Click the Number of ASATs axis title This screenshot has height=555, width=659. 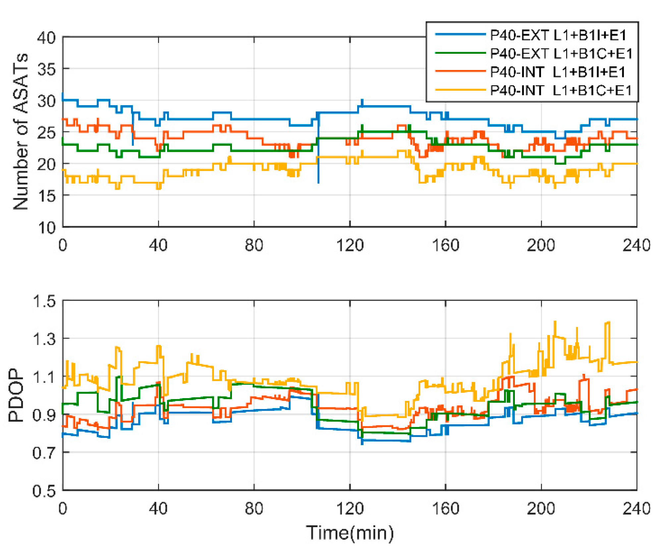21,131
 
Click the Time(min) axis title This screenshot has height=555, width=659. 350,533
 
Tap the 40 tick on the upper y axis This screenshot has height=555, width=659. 46,37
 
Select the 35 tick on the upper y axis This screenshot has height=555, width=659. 46,69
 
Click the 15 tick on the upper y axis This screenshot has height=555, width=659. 46,196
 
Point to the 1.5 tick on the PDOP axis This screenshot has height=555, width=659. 44,301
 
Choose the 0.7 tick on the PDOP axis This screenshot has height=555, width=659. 44,452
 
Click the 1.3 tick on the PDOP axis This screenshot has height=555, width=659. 44,339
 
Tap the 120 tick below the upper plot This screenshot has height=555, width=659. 350,245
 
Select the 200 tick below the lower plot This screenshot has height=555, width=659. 541,508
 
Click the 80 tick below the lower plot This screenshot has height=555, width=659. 254,508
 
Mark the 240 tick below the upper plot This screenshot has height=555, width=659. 636,245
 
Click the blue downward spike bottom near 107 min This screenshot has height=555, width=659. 318,182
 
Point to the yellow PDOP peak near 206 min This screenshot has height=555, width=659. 555,321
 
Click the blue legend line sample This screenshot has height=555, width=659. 460,35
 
